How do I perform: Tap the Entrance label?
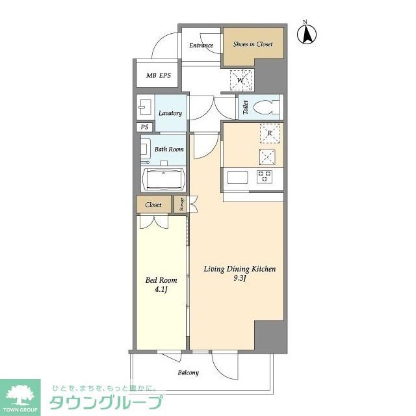[x=201, y=45]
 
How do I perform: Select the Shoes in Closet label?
[x=253, y=45]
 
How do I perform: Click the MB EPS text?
[x=158, y=76]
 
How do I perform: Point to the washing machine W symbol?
[x=241, y=81]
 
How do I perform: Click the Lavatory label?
[x=170, y=113]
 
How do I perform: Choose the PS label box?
[x=144, y=127]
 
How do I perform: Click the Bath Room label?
[x=169, y=149]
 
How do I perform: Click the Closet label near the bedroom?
[x=153, y=205]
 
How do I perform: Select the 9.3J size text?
[x=240, y=279]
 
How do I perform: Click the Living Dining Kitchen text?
[x=240, y=268]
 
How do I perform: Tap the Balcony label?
[x=188, y=372]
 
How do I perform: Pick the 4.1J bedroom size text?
[x=161, y=291]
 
